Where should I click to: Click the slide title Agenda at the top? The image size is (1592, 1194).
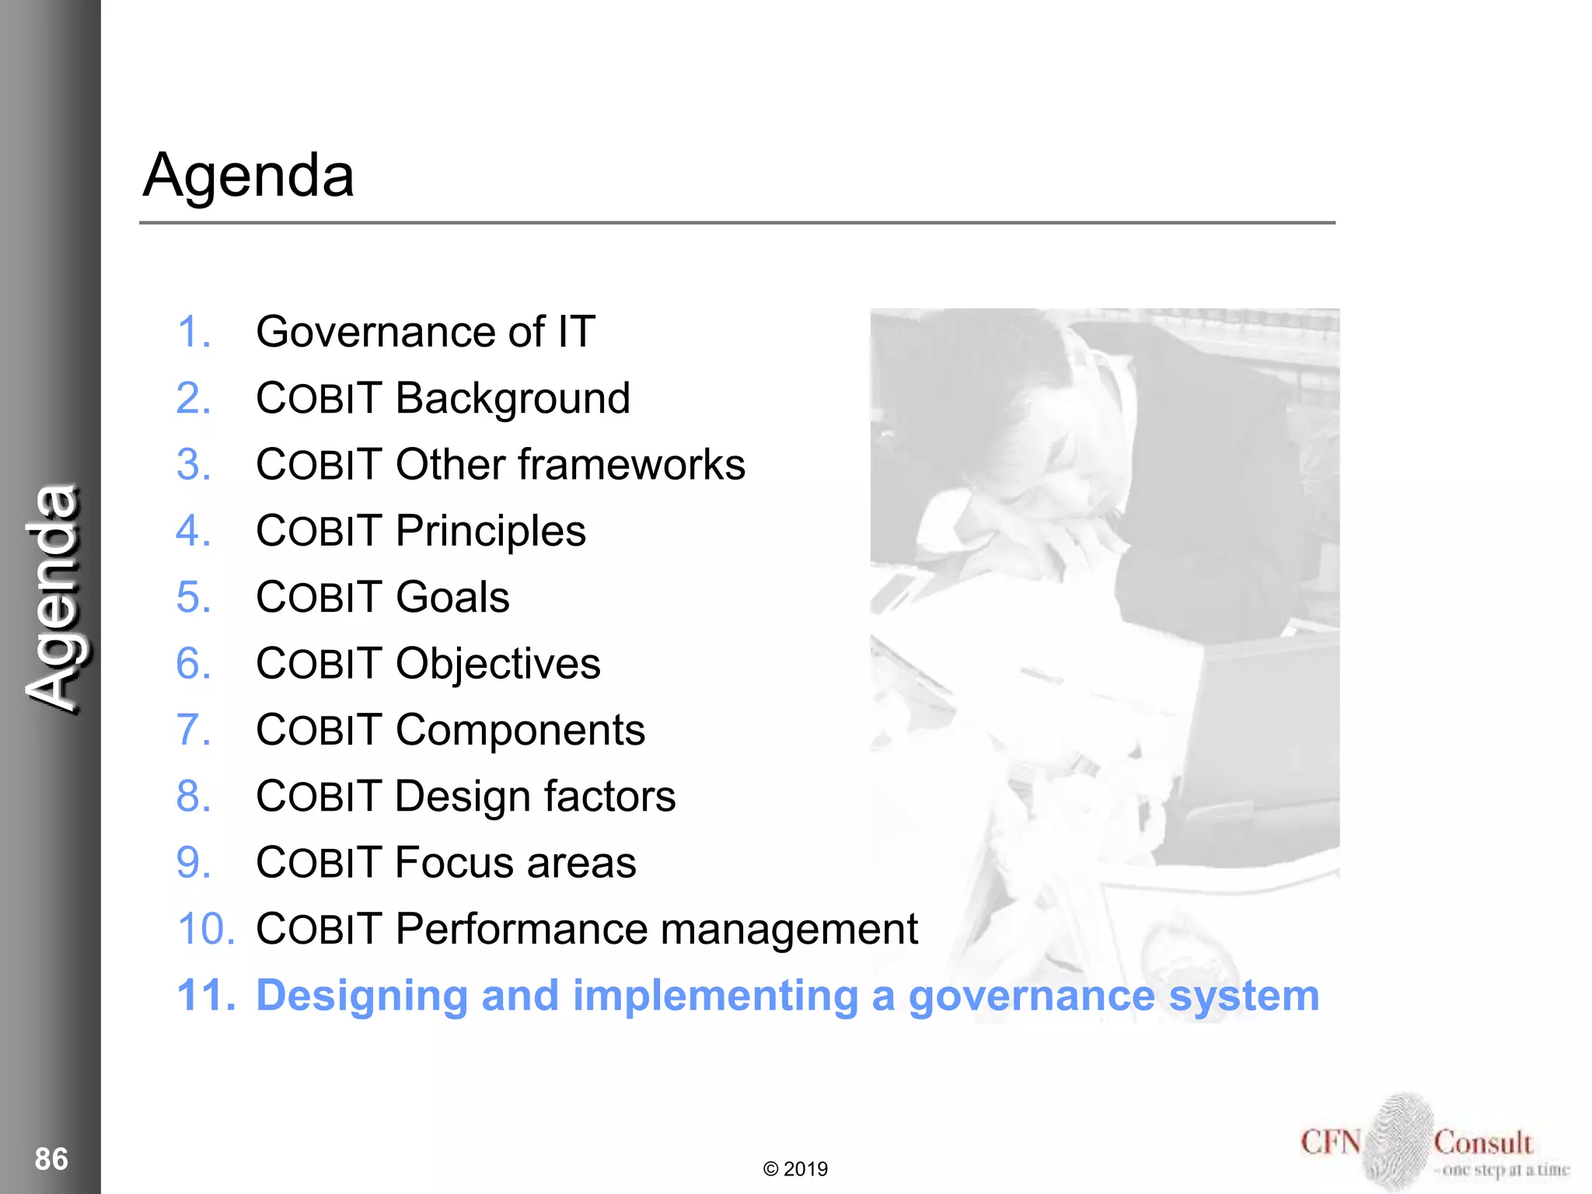coord(249,176)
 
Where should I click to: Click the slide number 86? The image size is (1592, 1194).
coord(51,1158)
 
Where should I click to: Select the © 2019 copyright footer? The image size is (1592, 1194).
coord(795,1169)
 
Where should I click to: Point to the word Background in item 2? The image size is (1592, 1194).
coord(512,399)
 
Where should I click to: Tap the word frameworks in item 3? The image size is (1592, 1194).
coord(631,465)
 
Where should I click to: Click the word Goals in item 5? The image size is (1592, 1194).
coord(452,597)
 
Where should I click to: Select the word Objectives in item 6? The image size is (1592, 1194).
coord(497,664)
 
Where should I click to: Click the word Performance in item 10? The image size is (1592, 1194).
coord(521,929)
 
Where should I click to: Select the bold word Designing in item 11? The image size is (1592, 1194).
coord(362,996)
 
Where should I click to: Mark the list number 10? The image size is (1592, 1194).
coord(205,929)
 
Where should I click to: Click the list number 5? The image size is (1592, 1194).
coord(193,597)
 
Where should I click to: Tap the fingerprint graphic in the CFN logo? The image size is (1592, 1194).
coord(1397,1141)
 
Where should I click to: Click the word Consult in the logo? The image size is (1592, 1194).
coord(1482,1143)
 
